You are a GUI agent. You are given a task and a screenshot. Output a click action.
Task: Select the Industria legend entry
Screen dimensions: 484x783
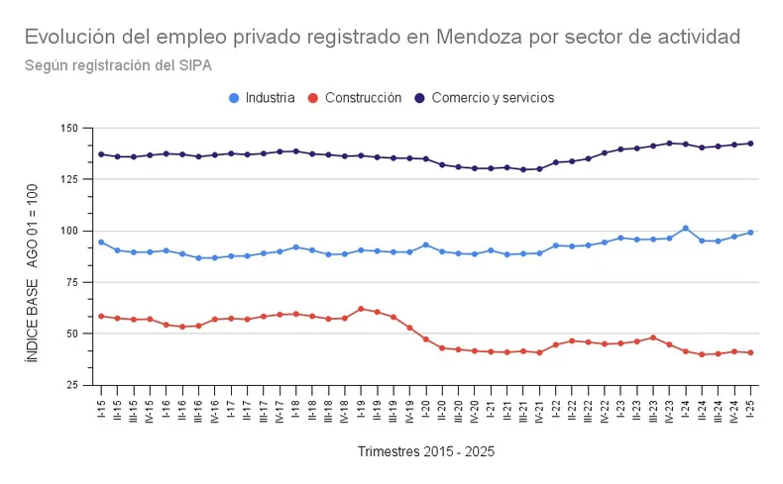(x=262, y=98)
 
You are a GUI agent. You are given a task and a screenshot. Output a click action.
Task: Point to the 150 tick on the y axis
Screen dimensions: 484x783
(x=68, y=129)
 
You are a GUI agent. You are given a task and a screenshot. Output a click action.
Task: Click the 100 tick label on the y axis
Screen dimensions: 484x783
(x=68, y=231)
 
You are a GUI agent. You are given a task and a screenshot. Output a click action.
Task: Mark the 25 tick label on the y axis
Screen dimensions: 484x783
(x=71, y=385)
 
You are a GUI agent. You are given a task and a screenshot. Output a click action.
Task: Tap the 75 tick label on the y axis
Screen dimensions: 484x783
(x=71, y=282)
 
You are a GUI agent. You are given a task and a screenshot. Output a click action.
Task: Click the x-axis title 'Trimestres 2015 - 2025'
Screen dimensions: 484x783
(x=425, y=451)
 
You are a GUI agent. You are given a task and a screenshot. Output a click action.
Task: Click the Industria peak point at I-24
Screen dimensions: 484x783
(x=685, y=229)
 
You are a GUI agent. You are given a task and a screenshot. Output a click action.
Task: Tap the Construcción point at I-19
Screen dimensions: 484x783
(x=361, y=309)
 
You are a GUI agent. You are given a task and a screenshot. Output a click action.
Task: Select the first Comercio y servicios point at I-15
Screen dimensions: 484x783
(x=101, y=154)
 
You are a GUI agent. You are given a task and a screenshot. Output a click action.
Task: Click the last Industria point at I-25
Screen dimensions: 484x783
(x=750, y=233)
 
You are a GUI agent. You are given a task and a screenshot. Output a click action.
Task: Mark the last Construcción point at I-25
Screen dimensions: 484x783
(x=750, y=352)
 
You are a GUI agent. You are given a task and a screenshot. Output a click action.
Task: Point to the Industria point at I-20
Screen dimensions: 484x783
(x=426, y=244)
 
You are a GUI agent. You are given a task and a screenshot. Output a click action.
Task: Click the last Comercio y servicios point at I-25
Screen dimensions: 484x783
(x=750, y=144)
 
